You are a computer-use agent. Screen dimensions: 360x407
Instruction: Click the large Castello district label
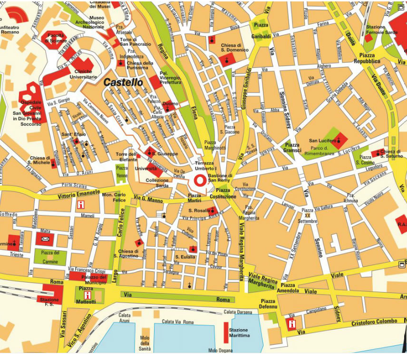coord(123,82)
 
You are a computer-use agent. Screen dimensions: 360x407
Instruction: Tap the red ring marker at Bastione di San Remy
coord(200,180)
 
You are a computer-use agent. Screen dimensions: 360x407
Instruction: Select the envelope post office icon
coord(45,239)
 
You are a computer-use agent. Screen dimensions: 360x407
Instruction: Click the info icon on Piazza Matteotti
coord(87,295)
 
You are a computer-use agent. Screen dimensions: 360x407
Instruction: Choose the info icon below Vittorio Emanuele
coord(81,205)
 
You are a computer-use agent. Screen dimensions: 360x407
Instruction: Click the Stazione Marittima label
coord(239,332)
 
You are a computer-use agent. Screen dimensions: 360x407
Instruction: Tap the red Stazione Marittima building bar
coord(225,332)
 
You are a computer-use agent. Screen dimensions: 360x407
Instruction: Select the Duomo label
coord(170,104)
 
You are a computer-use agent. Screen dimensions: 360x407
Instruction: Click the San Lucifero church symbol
coord(339,140)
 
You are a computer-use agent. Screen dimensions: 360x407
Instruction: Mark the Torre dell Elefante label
coord(126,157)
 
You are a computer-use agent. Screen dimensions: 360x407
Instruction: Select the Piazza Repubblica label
coord(367,58)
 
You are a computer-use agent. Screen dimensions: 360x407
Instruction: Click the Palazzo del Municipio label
coord(90,280)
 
